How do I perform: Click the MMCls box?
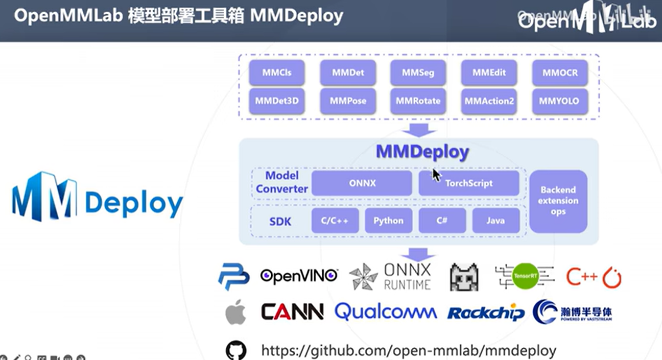tap(277, 73)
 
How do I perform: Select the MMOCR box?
tap(560, 73)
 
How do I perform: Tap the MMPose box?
tap(348, 101)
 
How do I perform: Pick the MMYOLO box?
tap(560, 101)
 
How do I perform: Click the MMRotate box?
tap(418, 101)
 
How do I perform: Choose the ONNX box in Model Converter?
tap(362, 183)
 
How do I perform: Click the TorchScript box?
tap(469, 183)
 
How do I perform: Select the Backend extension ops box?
tap(558, 201)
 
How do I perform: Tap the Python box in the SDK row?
tap(388, 221)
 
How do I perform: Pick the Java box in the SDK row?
tap(495, 221)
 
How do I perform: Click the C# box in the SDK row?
tap(442, 221)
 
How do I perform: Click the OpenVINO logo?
tap(299, 276)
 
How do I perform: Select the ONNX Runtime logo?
tap(391, 277)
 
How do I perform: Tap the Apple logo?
tap(235, 311)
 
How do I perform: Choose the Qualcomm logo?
tap(386, 311)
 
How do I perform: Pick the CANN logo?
tap(292, 311)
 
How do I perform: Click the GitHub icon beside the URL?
tap(236, 351)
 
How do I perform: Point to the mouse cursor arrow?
tap(436, 174)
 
